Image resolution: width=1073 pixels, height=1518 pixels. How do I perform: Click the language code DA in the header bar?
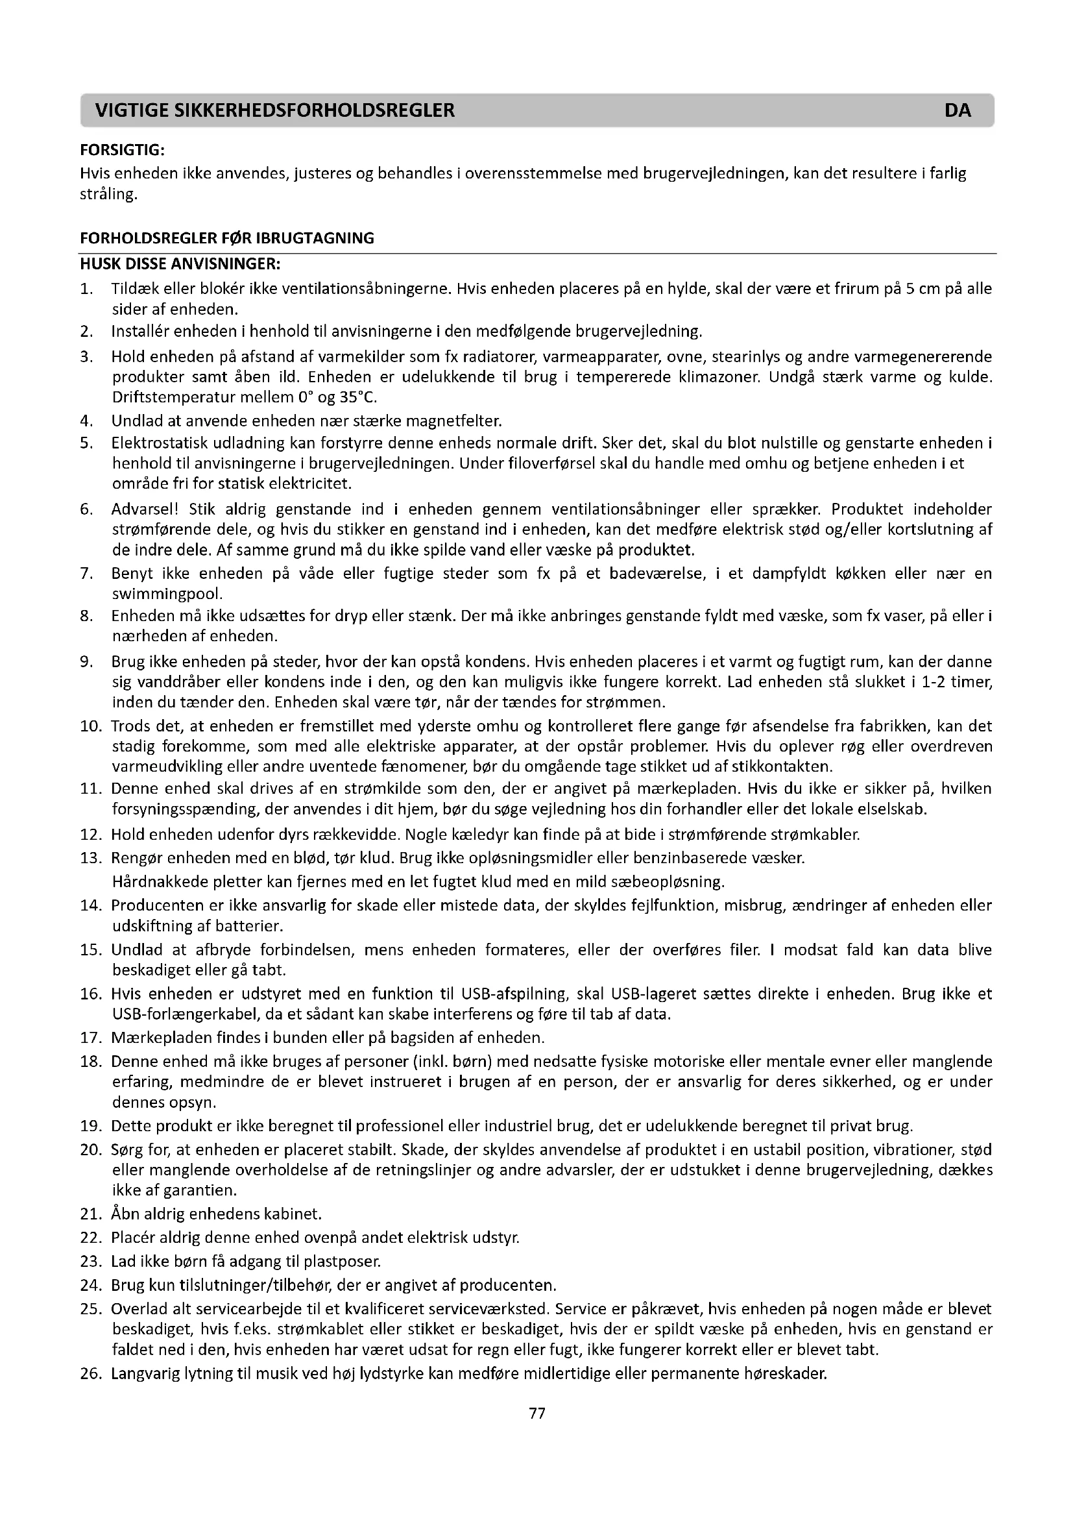(x=958, y=110)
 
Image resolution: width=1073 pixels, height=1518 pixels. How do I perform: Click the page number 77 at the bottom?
(x=537, y=1413)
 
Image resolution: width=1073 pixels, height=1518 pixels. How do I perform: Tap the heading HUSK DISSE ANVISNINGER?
(x=180, y=263)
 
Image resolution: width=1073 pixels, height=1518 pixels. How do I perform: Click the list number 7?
(x=86, y=573)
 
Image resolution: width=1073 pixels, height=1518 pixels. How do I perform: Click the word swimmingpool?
(x=167, y=593)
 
